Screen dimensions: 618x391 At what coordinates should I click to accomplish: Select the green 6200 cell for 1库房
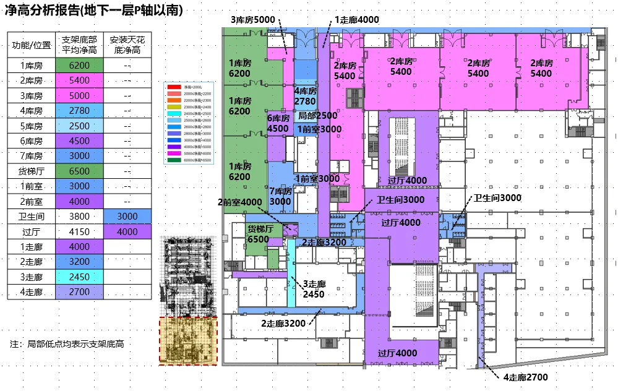pyautogui.click(x=79, y=66)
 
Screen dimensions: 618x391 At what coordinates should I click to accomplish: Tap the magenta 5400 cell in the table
pyautogui.click(x=79, y=80)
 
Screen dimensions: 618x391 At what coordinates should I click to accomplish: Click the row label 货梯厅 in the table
pyautogui.click(x=31, y=171)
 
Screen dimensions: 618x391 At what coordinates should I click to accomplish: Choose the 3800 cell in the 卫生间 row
pyautogui.click(x=79, y=217)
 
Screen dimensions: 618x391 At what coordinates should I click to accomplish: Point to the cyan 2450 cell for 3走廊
pyautogui.click(x=79, y=277)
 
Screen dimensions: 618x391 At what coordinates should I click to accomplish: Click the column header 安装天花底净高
pyautogui.click(x=127, y=45)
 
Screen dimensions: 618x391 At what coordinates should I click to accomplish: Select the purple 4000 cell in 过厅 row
pyautogui.click(x=127, y=231)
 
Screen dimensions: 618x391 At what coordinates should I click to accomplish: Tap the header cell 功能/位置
pyautogui.click(x=31, y=45)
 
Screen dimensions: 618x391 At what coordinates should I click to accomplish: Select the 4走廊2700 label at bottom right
pyautogui.click(x=525, y=377)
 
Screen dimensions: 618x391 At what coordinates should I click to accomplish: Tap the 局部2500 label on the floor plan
pyautogui.click(x=317, y=116)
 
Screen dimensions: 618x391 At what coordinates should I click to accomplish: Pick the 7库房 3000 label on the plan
pyautogui.click(x=280, y=197)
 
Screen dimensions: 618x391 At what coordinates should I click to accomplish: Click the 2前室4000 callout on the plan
pyautogui.click(x=239, y=202)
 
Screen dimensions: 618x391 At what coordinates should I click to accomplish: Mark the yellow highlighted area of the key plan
pyautogui.click(x=189, y=340)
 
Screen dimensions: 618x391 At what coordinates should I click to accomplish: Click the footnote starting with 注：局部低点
pyautogui.click(x=67, y=344)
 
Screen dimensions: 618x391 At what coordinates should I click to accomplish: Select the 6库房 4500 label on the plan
pyautogui.click(x=278, y=123)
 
